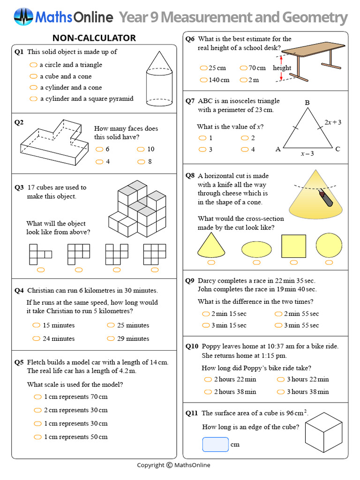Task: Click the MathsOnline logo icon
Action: click(23, 17)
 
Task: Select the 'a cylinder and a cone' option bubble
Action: click(33, 88)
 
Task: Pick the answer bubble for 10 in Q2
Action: click(141, 149)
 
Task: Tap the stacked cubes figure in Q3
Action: click(137, 210)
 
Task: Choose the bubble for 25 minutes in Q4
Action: click(111, 325)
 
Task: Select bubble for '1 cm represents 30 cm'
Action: click(37, 423)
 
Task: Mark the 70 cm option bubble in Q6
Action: click(244, 68)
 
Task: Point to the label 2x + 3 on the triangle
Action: click(333, 122)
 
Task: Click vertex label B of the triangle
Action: click(307, 103)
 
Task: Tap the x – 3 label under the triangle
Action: click(307, 153)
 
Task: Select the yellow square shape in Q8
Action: click(293, 246)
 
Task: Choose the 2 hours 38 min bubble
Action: click(208, 392)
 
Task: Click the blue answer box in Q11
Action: click(215, 444)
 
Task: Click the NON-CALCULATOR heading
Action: click(94, 38)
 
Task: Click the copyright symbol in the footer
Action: click(169, 465)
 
